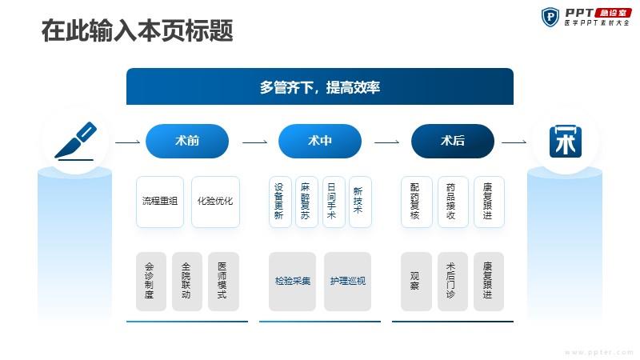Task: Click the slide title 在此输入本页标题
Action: point(137,30)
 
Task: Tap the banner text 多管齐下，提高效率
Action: point(319,87)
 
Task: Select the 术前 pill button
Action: point(187,141)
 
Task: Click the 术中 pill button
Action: point(319,141)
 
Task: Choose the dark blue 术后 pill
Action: point(453,141)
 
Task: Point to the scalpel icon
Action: point(75,141)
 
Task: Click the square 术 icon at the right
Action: point(566,142)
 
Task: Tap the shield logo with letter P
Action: point(550,17)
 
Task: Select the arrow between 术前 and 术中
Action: point(254,142)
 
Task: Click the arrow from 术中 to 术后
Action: point(386,142)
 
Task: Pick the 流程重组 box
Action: point(160,202)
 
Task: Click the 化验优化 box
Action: point(215,202)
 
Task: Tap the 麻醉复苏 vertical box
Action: point(306,202)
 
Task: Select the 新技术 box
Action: point(360,202)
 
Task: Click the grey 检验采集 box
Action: point(292,282)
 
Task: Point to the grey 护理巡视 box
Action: point(347,282)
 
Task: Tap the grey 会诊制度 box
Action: point(151,282)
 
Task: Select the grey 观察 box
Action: point(416,282)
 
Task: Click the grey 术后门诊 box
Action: point(453,282)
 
